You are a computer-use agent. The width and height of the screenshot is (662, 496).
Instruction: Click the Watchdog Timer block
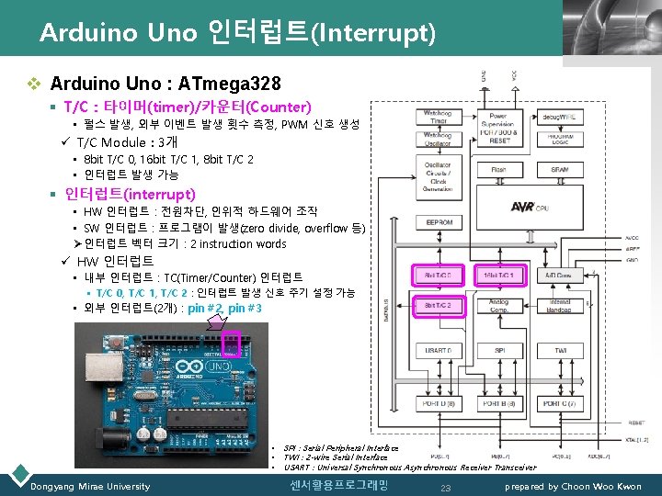click(x=438, y=116)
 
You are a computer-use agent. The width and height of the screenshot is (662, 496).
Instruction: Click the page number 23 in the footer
click(x=446, y=487)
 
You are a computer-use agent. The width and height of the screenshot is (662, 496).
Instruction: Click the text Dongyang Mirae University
click(x=90, y=486)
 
